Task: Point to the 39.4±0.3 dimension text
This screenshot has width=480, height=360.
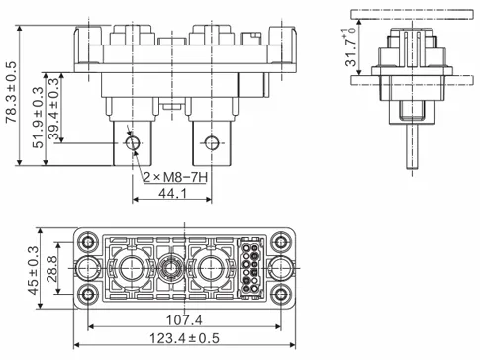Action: coord(56,111)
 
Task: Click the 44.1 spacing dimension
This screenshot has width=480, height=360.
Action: coord(171,195)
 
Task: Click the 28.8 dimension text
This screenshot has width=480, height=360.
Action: coord(53,266)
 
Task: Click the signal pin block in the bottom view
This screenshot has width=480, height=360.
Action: coord(250,267)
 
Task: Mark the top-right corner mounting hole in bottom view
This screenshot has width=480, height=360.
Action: coord(282,241)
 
